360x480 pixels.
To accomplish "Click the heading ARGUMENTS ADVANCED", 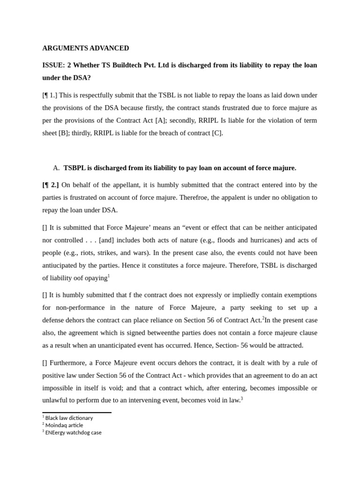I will (x=85, y=48).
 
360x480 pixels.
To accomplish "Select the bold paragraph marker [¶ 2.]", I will (x=51, y=185).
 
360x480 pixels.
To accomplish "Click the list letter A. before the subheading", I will (x=56, y=168).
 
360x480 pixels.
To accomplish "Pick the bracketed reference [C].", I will (x=217, y=133).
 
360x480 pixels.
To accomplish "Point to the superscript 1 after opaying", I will (x=109, y=276).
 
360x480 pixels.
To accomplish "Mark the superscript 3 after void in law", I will (x=241, y=398).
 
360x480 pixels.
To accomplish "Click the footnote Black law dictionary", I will (x=69, y=418).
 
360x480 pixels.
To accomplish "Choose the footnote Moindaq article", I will (x=64, y=425).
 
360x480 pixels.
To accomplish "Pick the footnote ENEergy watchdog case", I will (x=73, y=433).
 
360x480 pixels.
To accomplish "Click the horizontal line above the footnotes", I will (x=77, y=412).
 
